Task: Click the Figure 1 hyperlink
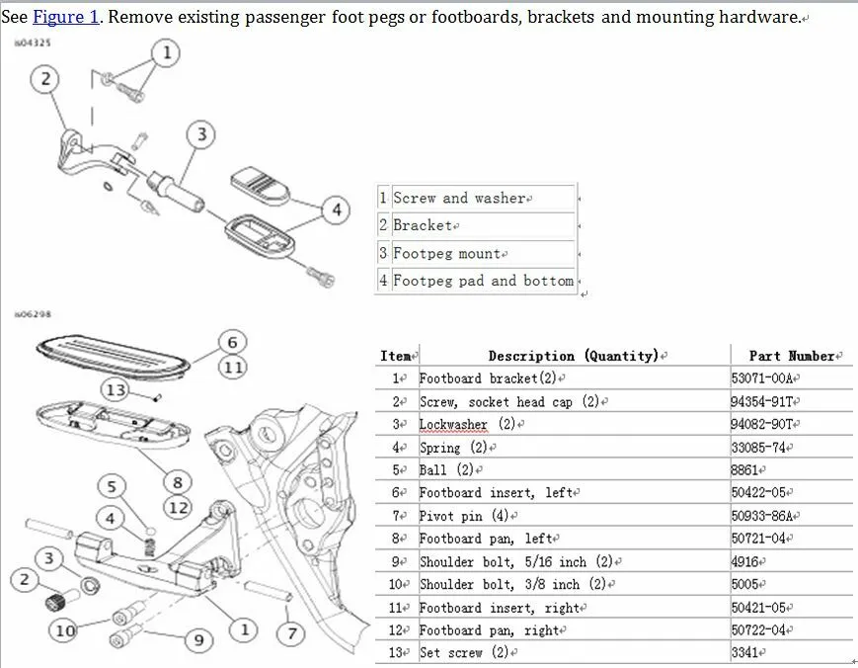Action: point(66,17)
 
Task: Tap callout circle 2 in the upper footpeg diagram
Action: point(44,80)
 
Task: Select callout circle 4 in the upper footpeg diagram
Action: point(337,209)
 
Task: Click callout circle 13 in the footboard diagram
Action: point(117,390)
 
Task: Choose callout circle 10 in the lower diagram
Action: point(65,630)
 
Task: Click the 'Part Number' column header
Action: point(791,356)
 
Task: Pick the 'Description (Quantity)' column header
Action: point(573,356)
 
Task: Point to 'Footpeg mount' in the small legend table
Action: point(447,254)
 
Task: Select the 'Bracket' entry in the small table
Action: point(423,226)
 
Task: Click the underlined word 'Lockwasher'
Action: point(453,425)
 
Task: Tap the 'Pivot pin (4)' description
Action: point(465,516)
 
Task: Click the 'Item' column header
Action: point(397,356)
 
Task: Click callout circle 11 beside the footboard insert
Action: point(232,368)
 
